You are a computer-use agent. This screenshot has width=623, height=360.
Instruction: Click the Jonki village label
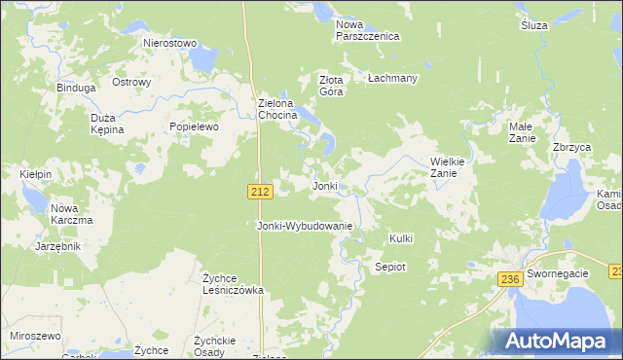pyautogui.click(x=324, y=186)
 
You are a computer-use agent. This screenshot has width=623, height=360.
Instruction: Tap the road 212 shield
pyautogui.click(x=259, y=193)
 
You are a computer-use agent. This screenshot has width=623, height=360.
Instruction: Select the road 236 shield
pyautogui.click(x=511, y=279)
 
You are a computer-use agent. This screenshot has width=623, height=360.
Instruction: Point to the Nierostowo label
pyautogui.click(x=170, y=44)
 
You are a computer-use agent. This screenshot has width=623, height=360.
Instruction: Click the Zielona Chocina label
pyautogui.click(x=283, y=109)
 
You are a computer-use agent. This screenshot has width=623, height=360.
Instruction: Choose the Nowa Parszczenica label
pyautogui.click(x=367, y=30)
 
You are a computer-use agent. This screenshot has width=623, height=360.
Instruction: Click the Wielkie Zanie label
pyautogui.click(x=451, y=167)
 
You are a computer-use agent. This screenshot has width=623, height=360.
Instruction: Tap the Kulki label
pyautogui.click(x=401, y=238)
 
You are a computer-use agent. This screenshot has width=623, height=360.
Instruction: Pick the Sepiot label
pyautogui.click(x=390, y=266)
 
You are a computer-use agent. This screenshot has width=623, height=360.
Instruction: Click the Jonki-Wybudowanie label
pyautogui.click(x=304, y=226)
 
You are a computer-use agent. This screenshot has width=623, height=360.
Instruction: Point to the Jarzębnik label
pyautogui.click(x=57, y=246)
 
